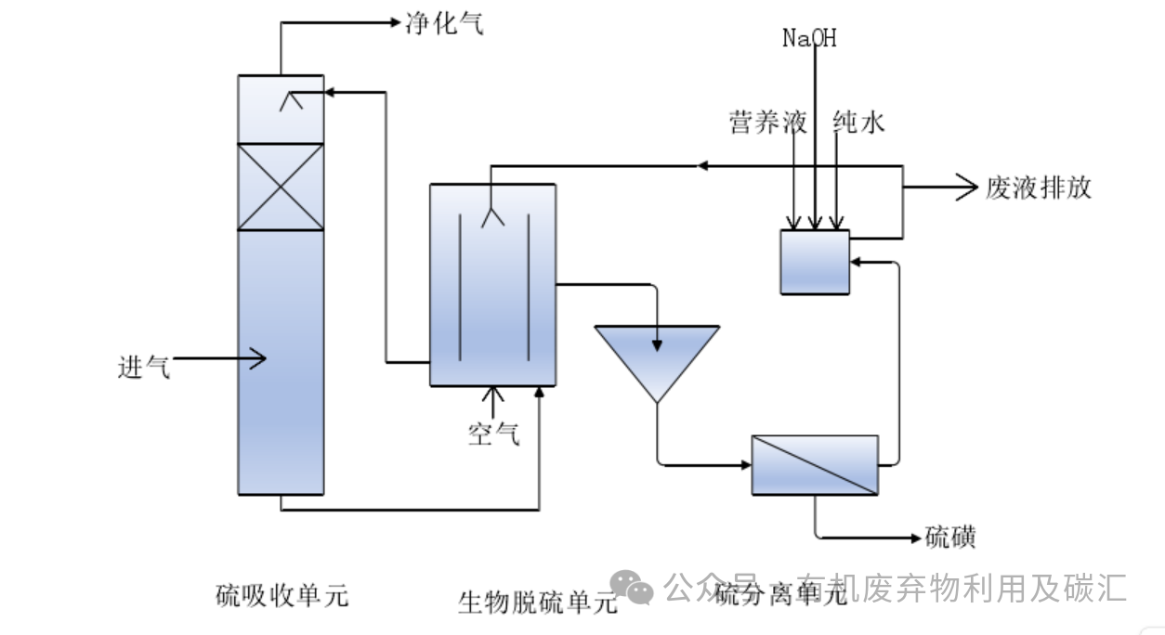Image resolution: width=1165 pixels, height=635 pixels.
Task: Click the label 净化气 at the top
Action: [444, 23]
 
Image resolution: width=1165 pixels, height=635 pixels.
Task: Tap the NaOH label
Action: [808, 38]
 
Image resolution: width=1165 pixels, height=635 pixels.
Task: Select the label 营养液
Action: [767, 123]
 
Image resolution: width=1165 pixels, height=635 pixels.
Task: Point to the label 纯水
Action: [858, 123]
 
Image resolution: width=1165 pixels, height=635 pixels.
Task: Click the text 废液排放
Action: [1038, 188]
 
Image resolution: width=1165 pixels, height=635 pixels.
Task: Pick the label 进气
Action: [144, 368]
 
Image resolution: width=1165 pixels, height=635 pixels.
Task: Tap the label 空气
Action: [493, 433]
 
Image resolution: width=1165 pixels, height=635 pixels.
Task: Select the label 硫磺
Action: [950, 538]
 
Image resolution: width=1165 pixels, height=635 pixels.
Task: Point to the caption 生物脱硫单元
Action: [537, 603]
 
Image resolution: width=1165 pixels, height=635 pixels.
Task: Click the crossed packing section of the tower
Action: [281, 187]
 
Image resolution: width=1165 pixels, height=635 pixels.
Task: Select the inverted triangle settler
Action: [657, 357]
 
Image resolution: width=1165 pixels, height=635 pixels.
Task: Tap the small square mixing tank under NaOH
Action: [814, 262]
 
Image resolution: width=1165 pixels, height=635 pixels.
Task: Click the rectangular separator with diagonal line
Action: [814, 464]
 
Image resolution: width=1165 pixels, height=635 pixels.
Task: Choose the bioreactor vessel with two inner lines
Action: [492, 284]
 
